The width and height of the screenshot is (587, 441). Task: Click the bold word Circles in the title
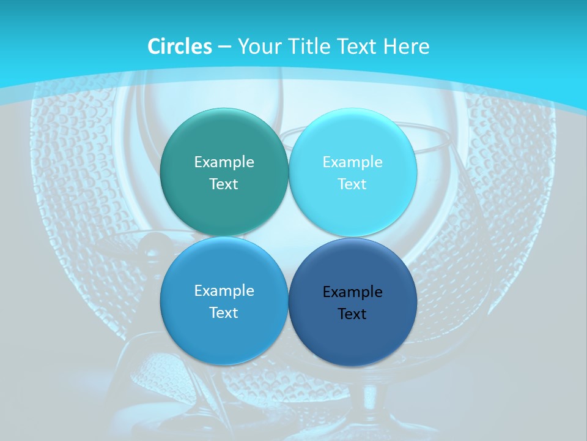click(x=179, y=47)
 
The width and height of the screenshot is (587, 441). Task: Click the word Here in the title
click(x=407, y=47)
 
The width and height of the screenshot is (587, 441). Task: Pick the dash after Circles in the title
click(x=224, y=47)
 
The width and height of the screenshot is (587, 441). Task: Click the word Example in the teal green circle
click(x=224, y=162)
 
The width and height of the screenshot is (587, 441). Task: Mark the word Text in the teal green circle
click(x=224, y=184)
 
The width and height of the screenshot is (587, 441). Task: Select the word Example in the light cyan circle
click(x=353, y=162)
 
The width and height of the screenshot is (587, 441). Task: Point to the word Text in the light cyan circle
click(x=353, y=184)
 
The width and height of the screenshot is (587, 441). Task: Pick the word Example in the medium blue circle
click(x=224, y=290)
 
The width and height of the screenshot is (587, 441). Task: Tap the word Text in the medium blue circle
click(x=224, y=312)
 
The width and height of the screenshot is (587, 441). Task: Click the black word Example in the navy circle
click(x=353, y=292)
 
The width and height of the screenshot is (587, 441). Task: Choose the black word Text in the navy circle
click(x=353, y=314)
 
